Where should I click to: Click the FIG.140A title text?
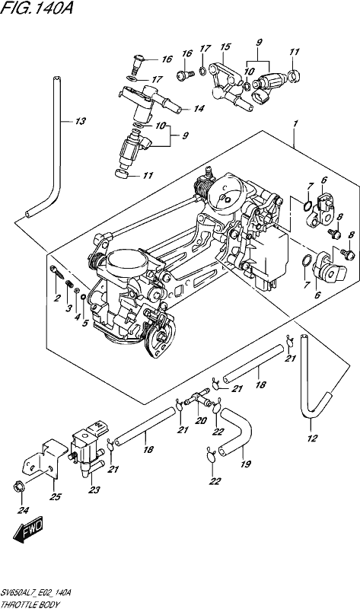click(x=36, y=8)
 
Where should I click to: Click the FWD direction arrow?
click(x=28, y=530)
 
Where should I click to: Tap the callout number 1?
click(x=295, y=124)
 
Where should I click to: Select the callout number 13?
click(x=80, y=122)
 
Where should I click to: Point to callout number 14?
click(x=199, y=109)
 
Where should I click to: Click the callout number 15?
click(x=225, y=46)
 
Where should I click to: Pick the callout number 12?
click(x=312, y=438)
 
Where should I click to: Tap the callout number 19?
click(x=245, y=464)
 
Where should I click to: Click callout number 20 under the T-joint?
click(x=200, y=421)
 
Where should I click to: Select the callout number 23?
click(x=94, y=489)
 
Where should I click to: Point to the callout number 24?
click(x=23, y=511)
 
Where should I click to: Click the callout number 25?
click(x=56, y=497)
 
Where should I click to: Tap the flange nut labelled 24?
click(x=18, y=486)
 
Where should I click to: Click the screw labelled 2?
click(x=56, y=271)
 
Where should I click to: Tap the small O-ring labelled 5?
click(x=83, y=298)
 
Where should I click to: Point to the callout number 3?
click(x=68, y=309)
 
